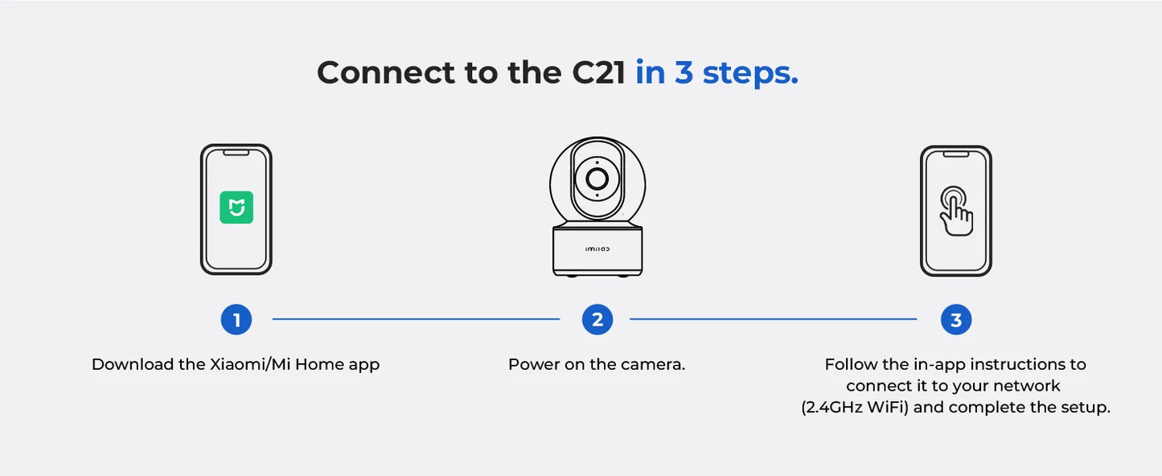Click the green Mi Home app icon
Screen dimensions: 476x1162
(x=236, y=207)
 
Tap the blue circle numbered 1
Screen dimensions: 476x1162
(x=236, y=320)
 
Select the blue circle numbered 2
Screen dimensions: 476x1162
(x=597, y=320)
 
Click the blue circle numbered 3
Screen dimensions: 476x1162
(x=956, y=320)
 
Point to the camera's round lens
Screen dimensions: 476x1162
(x=597, y=178)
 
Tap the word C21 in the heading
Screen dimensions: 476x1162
(x=598, y=73)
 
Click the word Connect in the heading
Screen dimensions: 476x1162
(x=386, y=73)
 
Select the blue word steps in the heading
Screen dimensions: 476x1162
(x=750, y=73)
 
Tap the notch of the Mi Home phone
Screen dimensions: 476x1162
(x=236, y=153)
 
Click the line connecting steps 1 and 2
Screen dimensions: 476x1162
(x=416, y=319)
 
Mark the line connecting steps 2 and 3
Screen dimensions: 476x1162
(x=773, y=319)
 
